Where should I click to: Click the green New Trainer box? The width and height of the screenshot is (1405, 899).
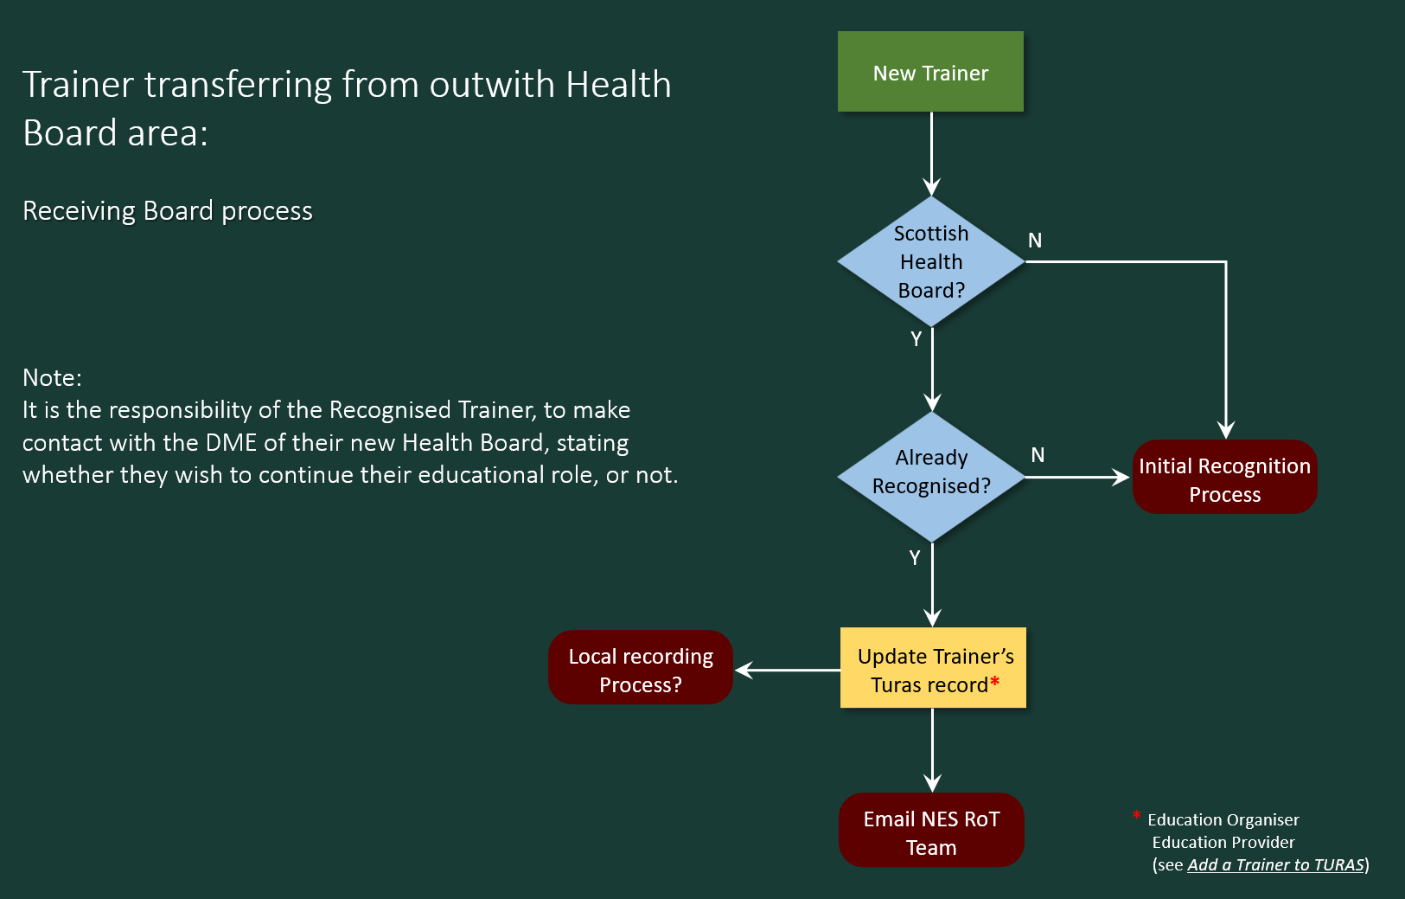[x=930, y=72]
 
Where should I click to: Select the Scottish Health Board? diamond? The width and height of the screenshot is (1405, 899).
[x=931, y=261]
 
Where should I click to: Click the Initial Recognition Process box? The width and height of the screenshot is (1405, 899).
[x=1224, y=479]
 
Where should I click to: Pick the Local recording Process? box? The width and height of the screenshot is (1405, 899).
[x=641, y=669]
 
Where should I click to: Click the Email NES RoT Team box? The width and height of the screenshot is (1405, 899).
[x=931, y=832]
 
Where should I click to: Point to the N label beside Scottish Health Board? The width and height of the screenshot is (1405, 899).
[x=1035, y=241]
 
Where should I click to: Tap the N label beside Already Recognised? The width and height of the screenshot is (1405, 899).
[x=1038, y=455]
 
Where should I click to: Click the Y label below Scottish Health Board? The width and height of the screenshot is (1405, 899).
[x=916, y=339]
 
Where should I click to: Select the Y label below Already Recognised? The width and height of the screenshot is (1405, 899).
[x=915, y=558]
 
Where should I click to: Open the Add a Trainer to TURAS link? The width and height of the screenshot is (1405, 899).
[x=1275, y=864]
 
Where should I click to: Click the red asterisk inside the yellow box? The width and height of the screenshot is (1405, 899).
[x=995, y=682]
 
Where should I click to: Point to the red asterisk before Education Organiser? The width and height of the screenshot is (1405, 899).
[x=1136, y=815]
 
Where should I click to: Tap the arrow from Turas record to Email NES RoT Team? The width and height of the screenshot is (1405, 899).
[x=932, y=749]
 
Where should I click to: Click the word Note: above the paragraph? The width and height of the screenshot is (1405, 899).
[x=52, y=377]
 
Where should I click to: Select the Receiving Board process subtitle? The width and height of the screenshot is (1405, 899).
[x=168, y=211]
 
